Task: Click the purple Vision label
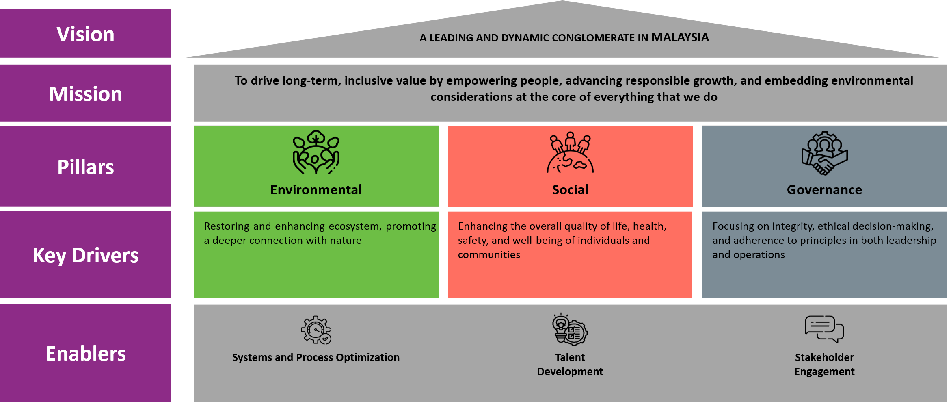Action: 85,34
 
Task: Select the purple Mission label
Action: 85,94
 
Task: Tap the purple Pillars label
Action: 85,167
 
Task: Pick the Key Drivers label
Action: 85,256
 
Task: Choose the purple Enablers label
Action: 85,354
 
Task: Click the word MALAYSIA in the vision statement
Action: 680,37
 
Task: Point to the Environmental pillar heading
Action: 316,190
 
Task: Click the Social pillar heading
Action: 570,190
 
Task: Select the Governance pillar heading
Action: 824,190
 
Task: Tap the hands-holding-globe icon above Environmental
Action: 316,152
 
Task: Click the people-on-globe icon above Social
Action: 570,152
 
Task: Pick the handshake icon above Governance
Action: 824,153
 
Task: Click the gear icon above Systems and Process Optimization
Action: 316,330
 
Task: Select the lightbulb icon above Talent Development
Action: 570,330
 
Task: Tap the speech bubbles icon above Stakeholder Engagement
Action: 824,329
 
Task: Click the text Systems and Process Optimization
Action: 316,357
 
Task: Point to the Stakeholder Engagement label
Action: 824,364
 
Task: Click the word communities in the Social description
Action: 489,255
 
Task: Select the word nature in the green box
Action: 346,241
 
